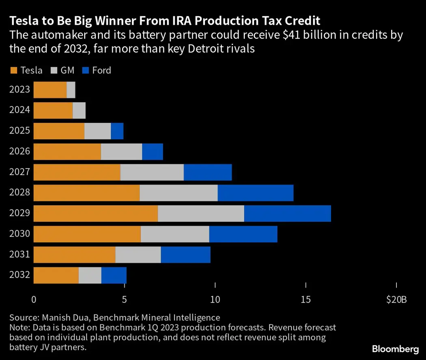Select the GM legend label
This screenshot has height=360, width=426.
coord(67,70)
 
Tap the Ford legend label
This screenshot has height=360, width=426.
coord(101,70)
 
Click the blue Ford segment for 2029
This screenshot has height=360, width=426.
coord(287,214)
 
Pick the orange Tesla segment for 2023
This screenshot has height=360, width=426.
coord(50,90)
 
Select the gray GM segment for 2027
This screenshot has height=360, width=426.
coord(152,172)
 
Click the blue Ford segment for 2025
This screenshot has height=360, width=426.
coord(117,131)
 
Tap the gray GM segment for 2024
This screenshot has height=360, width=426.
coord(79,110)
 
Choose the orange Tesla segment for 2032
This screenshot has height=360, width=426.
coord(56,276)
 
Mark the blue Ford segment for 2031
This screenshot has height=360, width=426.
coord(185,255)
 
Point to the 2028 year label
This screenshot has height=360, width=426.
coord(19,192)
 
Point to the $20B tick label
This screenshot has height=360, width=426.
coord(396,300)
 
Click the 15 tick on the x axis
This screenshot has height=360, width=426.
coord(306,300)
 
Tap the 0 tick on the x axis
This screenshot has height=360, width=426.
coord(34,300)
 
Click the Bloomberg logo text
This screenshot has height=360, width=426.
coord(395,349)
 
